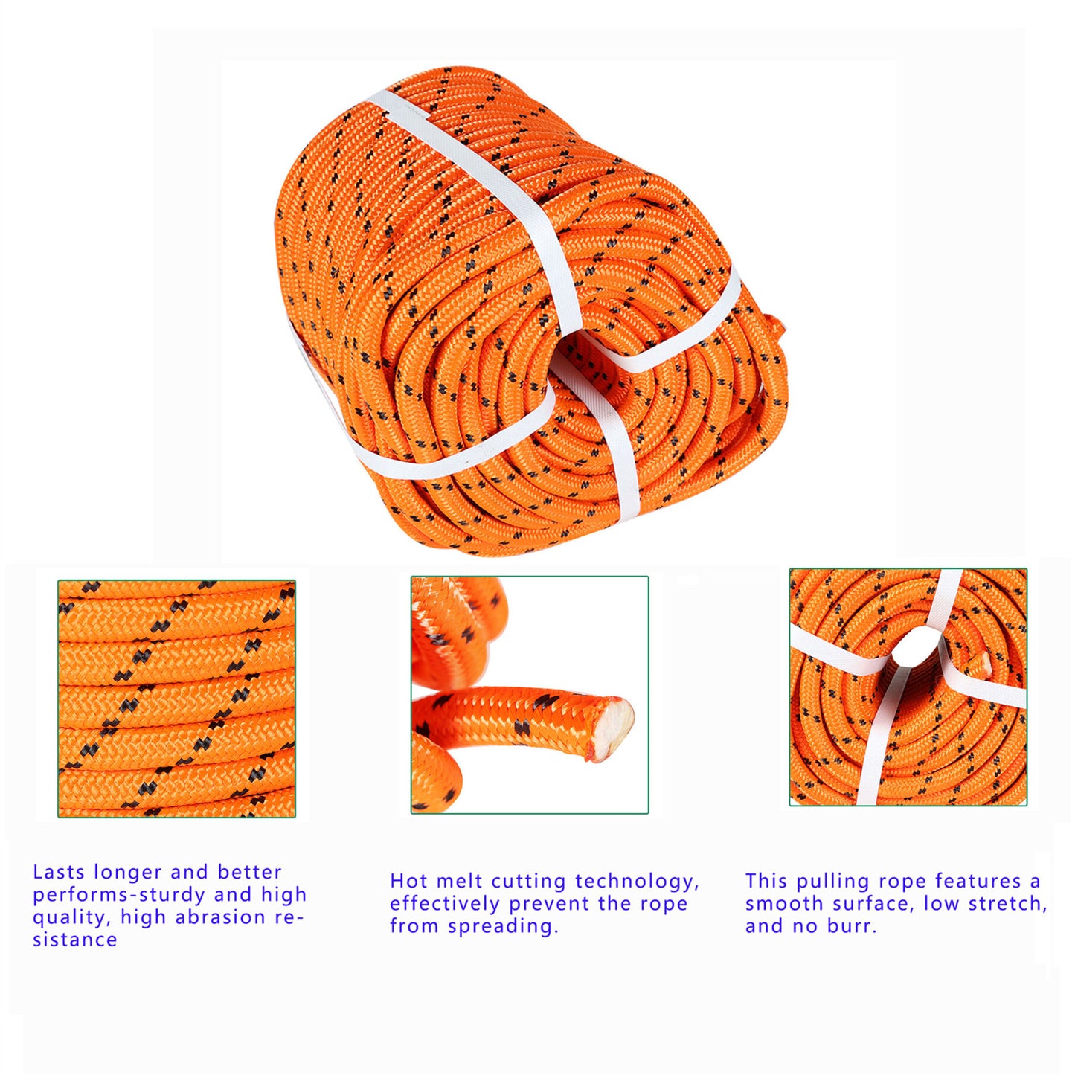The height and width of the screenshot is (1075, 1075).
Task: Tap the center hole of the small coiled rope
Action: pyautogui.click(x=920, y=648)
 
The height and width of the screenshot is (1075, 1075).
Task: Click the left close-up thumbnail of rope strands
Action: pyautogui.click(x=177, y=699)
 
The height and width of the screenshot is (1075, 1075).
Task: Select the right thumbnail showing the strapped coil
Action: pyautogui.click(x=908, y=687)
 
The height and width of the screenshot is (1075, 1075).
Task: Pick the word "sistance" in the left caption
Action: pyautogui.click(x=74, y=940)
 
